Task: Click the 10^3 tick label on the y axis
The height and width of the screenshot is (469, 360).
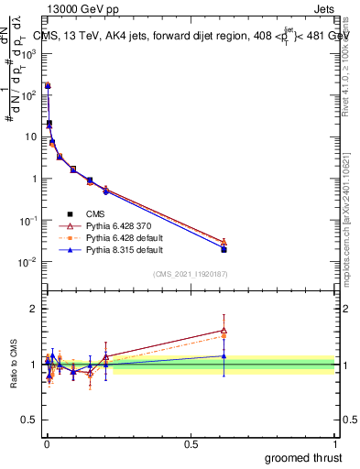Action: pos(27,54)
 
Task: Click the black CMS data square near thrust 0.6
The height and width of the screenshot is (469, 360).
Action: pos(224,249)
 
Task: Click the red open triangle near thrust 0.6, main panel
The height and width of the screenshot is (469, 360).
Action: pos(224,242)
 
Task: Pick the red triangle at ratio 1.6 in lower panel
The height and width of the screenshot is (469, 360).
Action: pos(224,331)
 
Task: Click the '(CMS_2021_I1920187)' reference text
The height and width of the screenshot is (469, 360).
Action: pos(190,273)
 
